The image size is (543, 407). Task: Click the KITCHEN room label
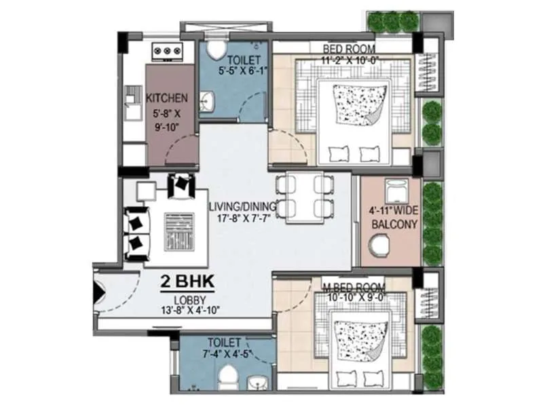click(167, 98)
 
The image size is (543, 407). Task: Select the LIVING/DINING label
click(241, 206)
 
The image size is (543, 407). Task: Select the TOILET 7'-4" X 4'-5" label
click(225, 348)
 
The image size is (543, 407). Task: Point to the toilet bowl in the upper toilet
click(218, 50)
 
